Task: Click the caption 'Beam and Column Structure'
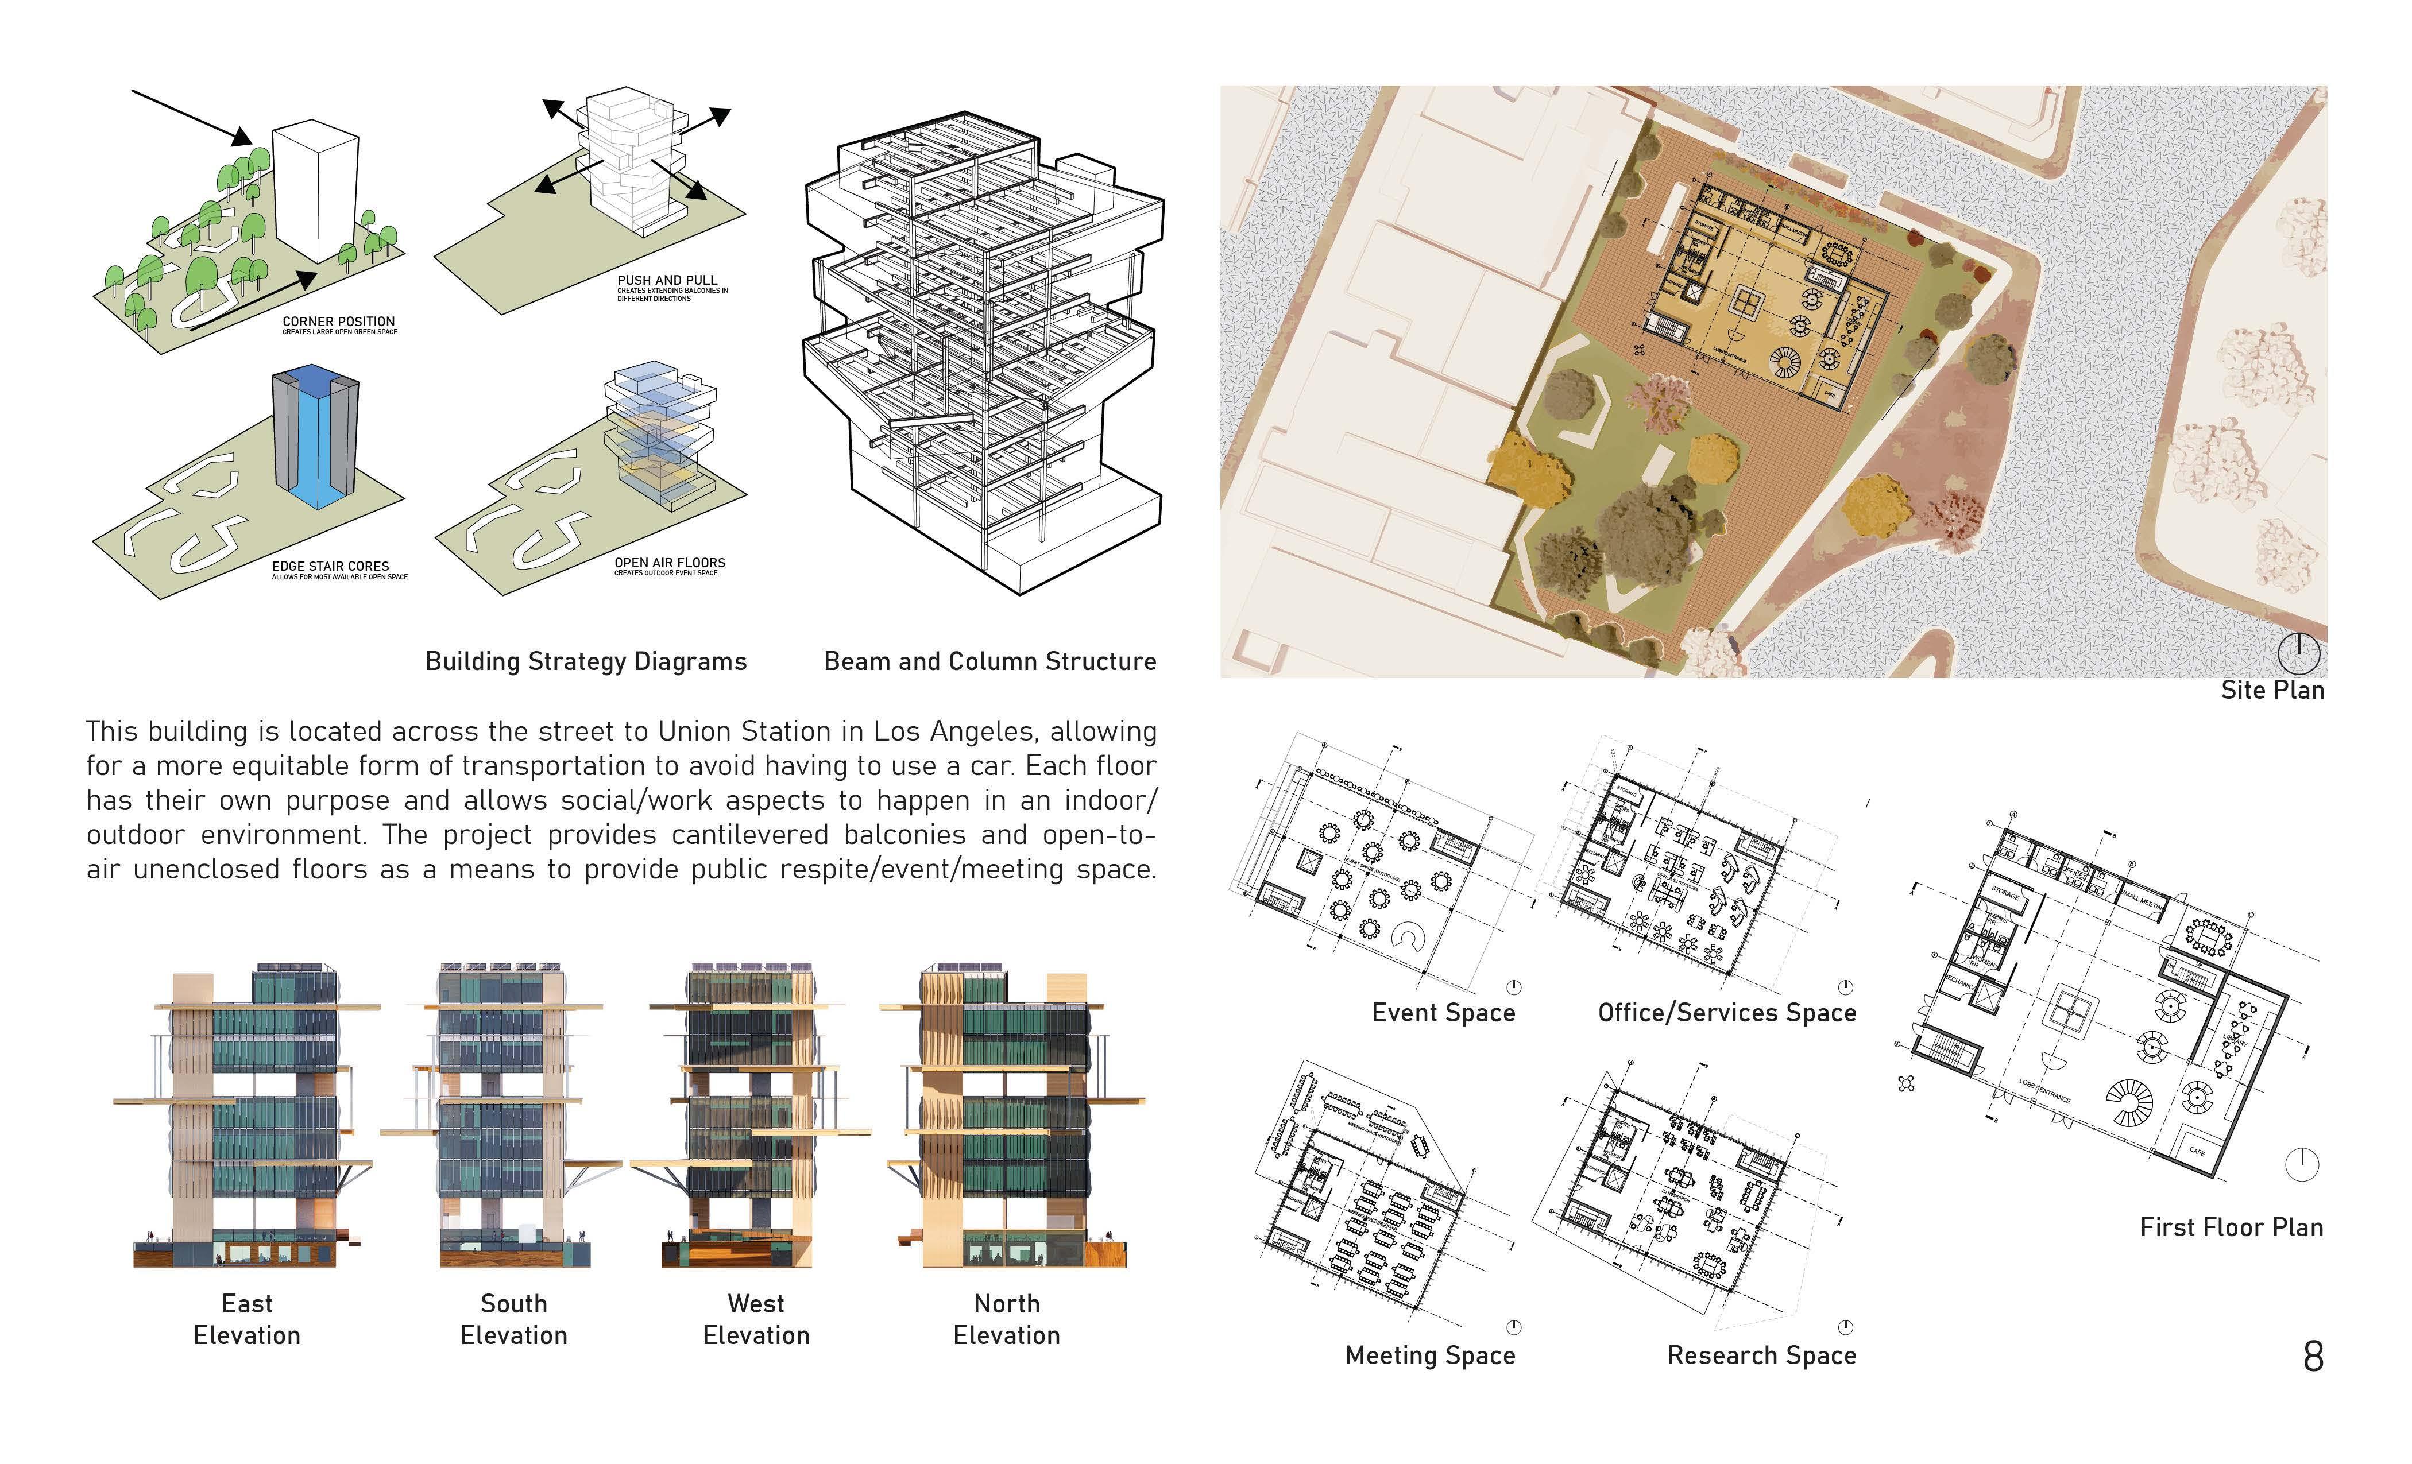[989, 661]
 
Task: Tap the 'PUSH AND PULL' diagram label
[667, 280]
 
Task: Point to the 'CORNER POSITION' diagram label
[339, 321]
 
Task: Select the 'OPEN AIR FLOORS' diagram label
[670, 563]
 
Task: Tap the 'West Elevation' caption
[756, 1319]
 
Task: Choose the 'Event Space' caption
[1443, 1013]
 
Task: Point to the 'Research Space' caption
[1761, 1355]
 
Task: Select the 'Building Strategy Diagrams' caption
[585, 661]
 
